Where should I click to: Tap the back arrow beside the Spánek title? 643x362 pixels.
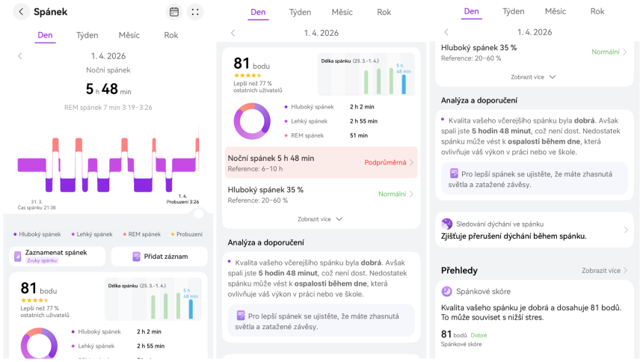pyautogui.click(x=21, y=12)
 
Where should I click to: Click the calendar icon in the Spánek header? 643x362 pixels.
pyautogui.click(x=173, y=12)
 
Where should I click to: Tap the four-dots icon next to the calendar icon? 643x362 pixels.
pyautogui.click(x=195, y=12)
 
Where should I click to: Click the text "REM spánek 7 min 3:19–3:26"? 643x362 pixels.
pyautogui.click(x=108, y=108)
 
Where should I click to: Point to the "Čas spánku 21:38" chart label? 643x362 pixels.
pyautogui.click(x=37, y=208)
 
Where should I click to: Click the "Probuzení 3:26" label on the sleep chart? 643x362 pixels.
pyautogui.click(x=182, y=201)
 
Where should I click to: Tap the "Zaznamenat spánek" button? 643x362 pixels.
pyautogui.click(x=56, y=253)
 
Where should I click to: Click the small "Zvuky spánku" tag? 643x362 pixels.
pyautogui.click(x=42, y=260)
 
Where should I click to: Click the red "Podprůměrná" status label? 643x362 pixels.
pyautogui.click(x=385, y=162)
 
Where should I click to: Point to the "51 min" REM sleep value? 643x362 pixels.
pyautogui.click(x=359, y=135)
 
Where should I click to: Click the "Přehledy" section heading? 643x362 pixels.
pyautogui.click(x=459, y=270)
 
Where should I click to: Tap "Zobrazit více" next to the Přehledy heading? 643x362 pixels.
pyautogui.click(x=601, y=271)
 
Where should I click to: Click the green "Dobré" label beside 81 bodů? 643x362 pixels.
pyautogui.click(x=479, y=335)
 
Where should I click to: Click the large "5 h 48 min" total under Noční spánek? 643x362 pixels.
pyautogui.click(x=108, y=89)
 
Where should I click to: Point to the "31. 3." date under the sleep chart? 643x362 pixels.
pyautogui.click(x=36, y=201)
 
